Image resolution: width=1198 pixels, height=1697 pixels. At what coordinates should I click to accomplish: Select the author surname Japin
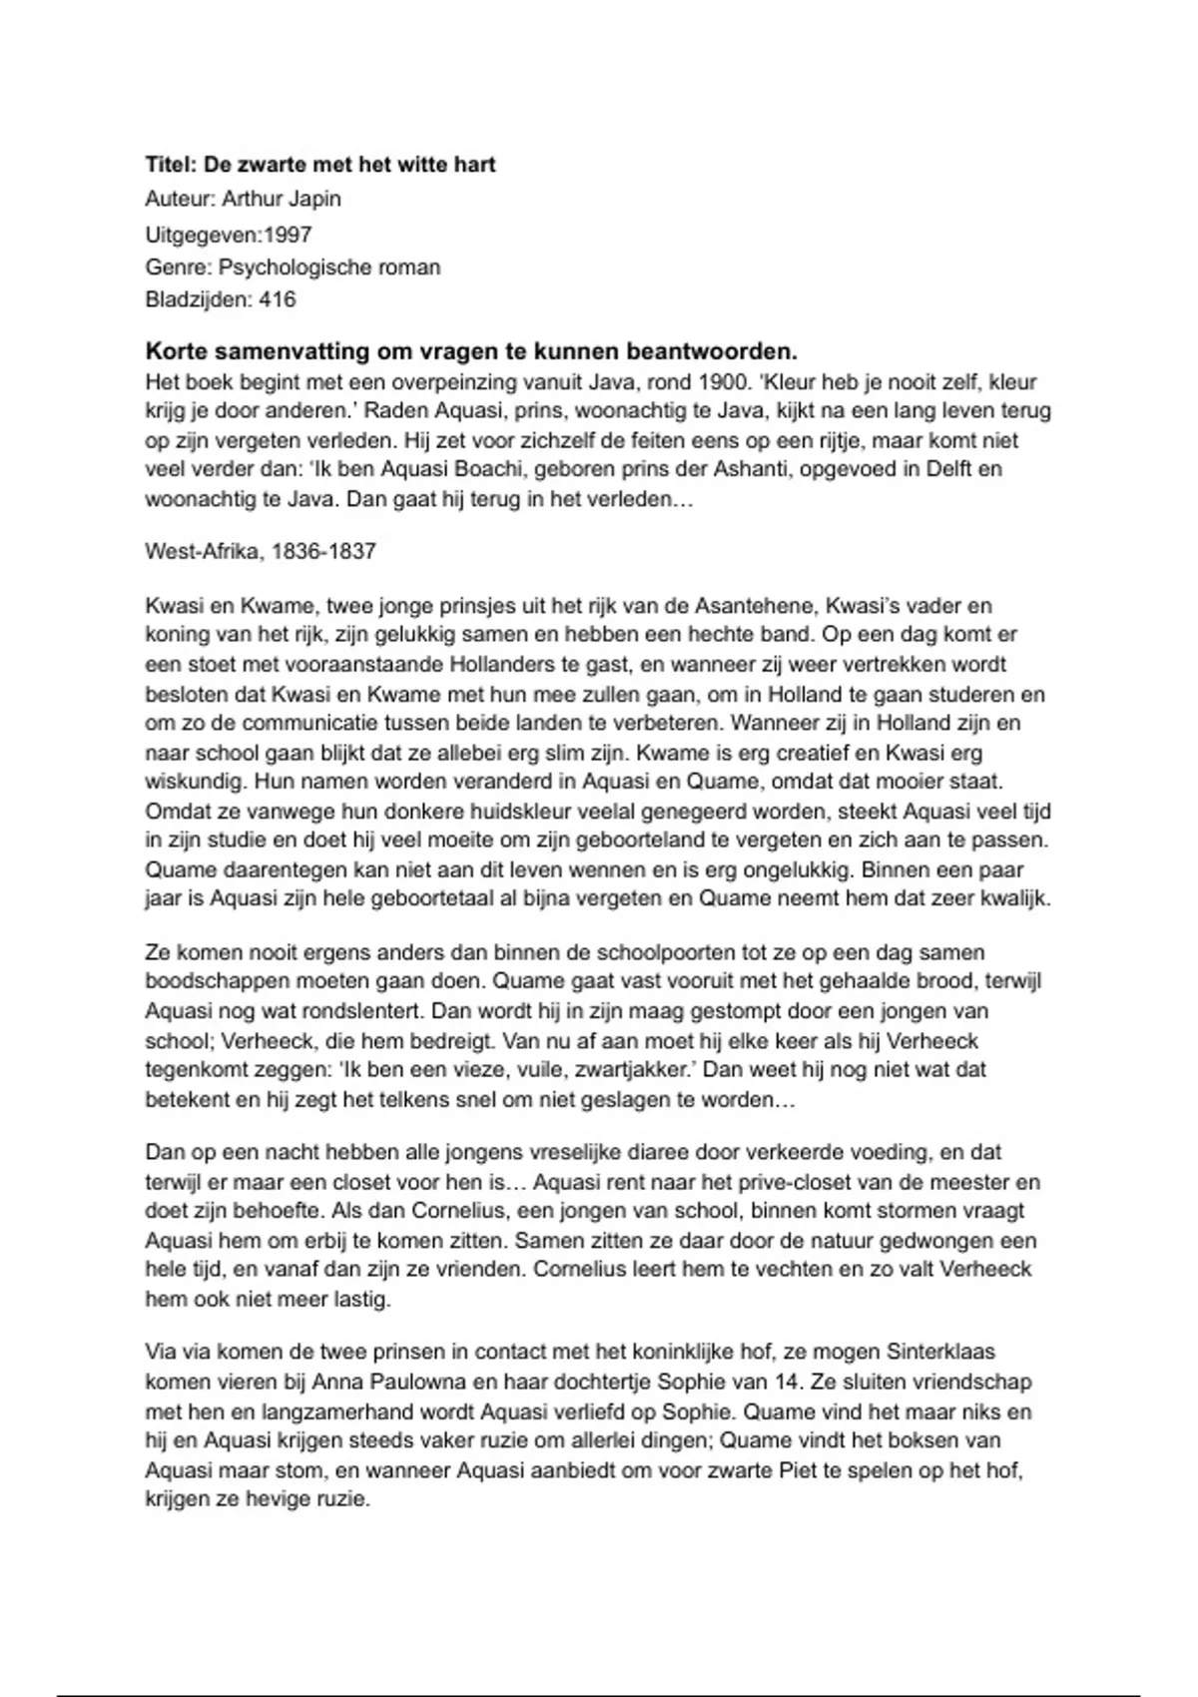click(314, 199)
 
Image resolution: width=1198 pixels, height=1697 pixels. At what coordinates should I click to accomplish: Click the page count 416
click(277, 299)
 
